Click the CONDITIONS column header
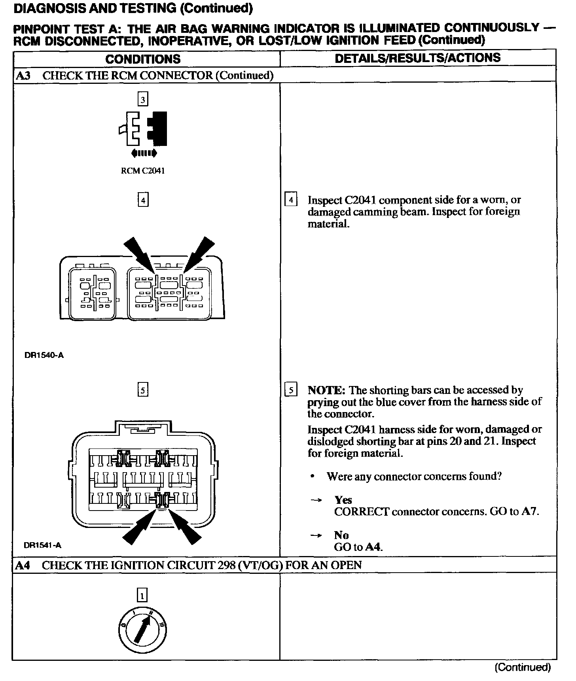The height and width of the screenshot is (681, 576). pyautogui.click(x=143, y=59)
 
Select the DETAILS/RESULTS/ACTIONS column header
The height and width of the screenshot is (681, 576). pyautogui.click(x=417, y=58)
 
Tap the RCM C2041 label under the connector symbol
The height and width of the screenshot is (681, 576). pyautogui.click(x=142, y=171)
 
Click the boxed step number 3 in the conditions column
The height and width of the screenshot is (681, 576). pyautogui.click(x=142, y=99)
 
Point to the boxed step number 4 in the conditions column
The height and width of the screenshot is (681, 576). pyautogui.click(x=142, y=201)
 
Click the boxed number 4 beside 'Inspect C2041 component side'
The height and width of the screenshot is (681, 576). pyautogui.click(x=291, y=200)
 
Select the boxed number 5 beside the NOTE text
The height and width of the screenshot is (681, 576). pyautogui.click(x=291, y=391)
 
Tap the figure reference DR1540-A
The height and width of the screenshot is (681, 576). pyautogui.click(x=44, y=355)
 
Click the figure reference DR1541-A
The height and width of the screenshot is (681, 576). pyautogui.click(x=43, y=545)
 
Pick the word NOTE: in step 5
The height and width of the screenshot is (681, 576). pyautogui.click(x=326, y=390)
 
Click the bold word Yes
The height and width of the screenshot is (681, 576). pyautogui.click(x=343, y=500)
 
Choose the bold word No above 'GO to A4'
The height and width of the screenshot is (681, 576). pyautogui.click(x=341, y=535)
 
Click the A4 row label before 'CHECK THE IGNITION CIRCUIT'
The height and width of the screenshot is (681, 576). pyautogui.click(x=23, y=565)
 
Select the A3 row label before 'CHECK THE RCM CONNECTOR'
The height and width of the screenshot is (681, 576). pyautogui.click(x=23, y=76)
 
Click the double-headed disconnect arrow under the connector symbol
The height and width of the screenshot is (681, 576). pyautogui.click(x=143, y=153)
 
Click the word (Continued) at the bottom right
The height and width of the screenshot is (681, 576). pyautogui.click(x=523, y=668)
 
